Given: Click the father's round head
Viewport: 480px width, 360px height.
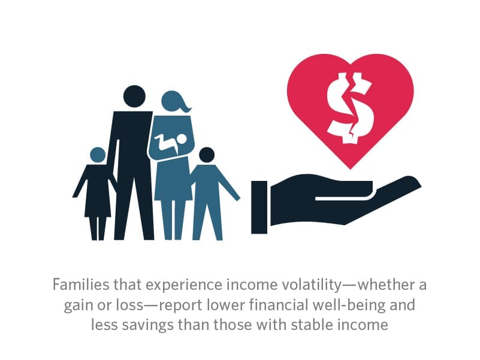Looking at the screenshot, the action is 134,96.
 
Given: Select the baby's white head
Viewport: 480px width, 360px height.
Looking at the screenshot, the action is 182,140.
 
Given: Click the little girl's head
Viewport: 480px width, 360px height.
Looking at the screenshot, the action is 98,155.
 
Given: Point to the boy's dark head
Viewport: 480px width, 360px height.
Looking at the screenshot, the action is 207,155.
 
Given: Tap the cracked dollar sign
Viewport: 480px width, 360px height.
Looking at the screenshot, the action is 351,108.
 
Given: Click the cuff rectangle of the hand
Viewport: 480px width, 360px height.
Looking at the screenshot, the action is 259,207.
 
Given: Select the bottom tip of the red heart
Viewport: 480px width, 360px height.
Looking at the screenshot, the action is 351,169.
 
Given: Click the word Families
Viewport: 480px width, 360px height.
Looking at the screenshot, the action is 81,285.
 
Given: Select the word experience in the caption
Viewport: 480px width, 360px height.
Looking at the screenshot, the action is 184,286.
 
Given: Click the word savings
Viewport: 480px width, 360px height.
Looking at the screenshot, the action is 148,325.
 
